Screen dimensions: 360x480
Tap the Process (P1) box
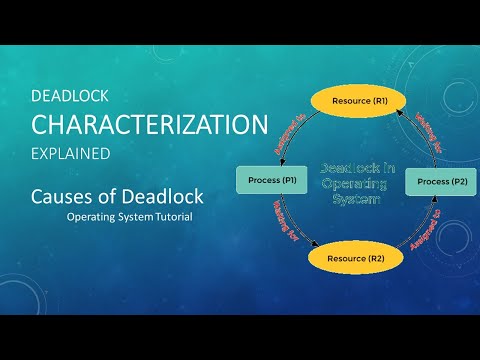click(273, 181)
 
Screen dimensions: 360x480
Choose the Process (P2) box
click(440, 181)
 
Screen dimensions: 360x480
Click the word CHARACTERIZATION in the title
click(150, 125)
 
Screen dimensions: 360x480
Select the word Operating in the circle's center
click(356, 184)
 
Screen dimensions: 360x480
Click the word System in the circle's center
click(355, 198)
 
